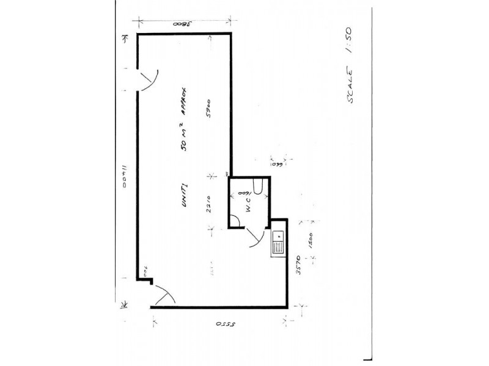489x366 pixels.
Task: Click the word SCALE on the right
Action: tap(353, 88)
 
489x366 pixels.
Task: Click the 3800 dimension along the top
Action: tap(182, 24)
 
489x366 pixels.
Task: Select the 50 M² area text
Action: tap(183, 143)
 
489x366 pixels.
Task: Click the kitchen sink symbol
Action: tap(278, 242)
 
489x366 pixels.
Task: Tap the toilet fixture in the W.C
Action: tap(259, 188)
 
